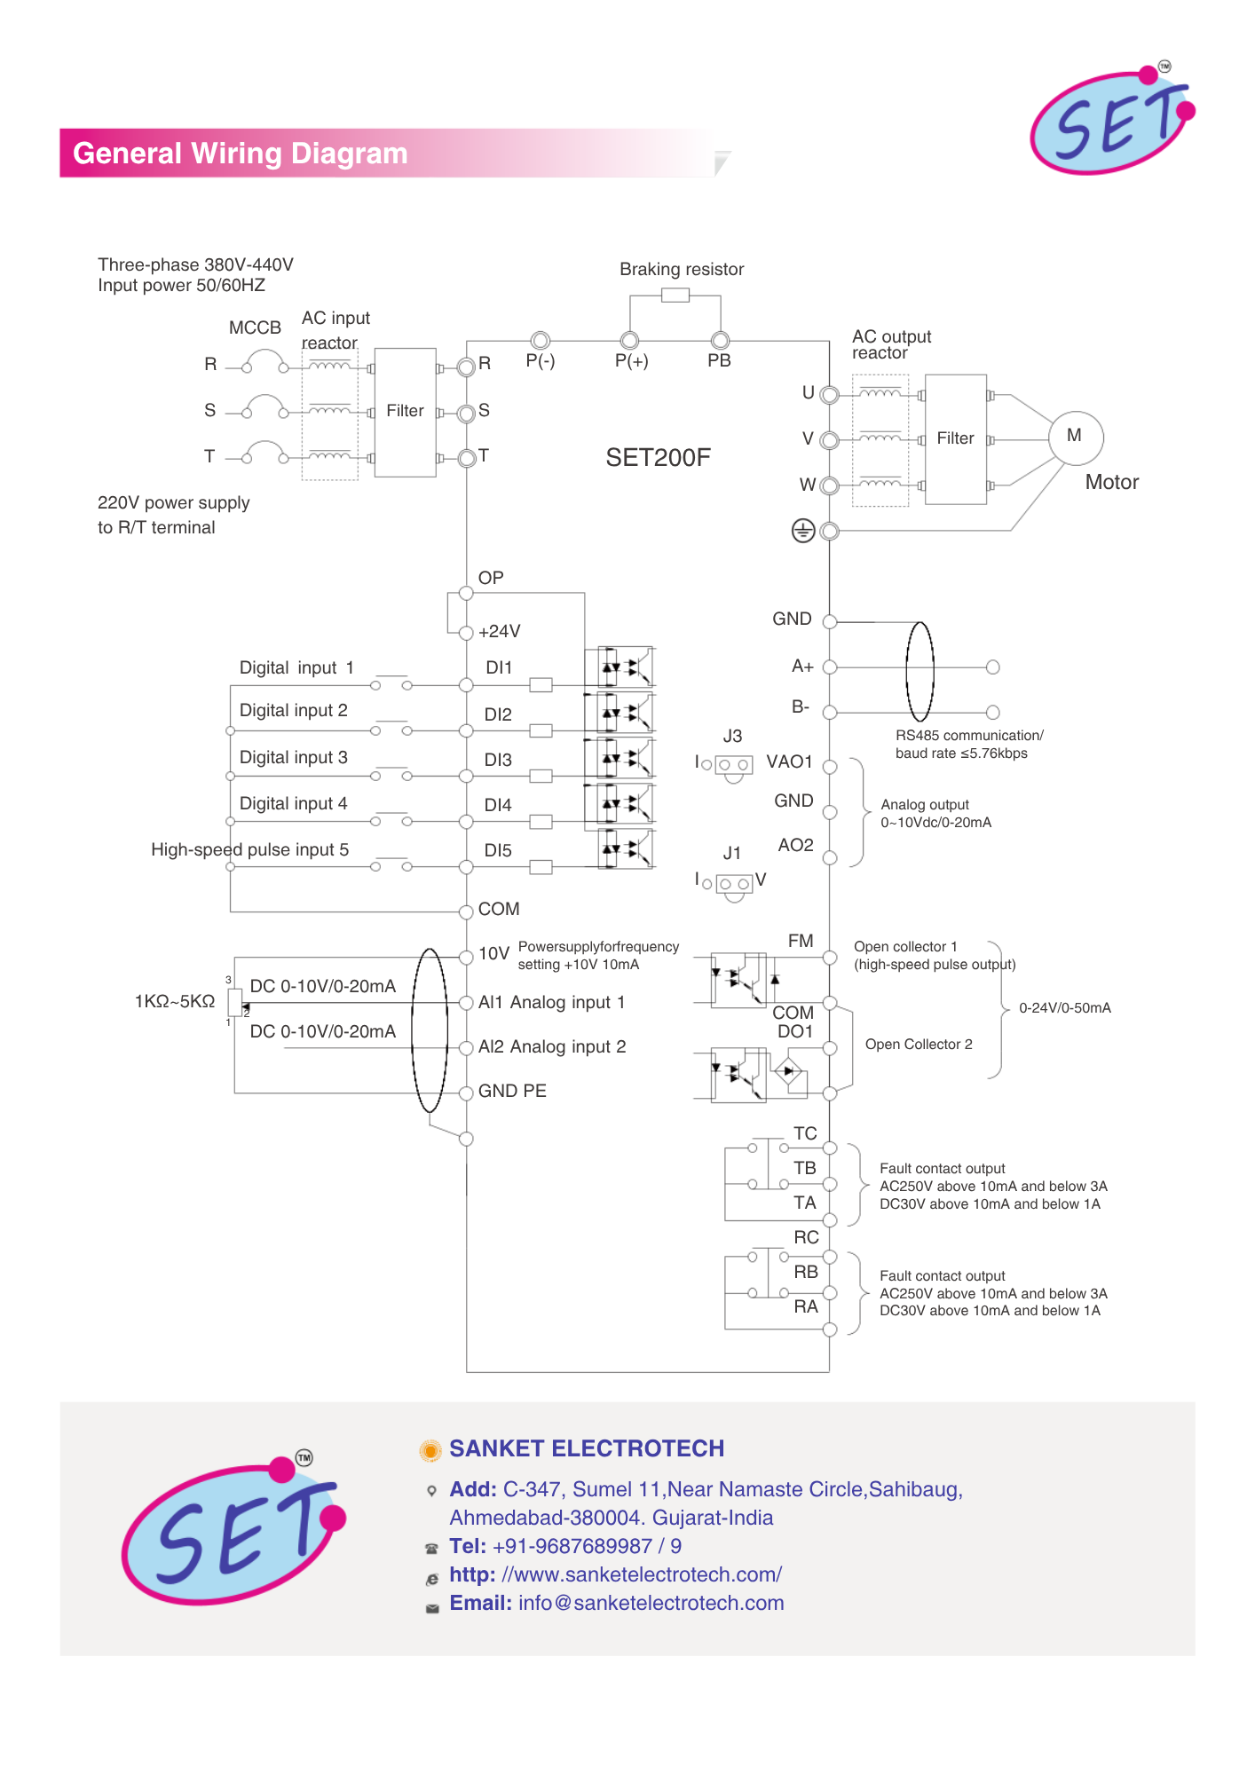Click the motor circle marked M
pos(1075,437)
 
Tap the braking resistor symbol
pos(675,296)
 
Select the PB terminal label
pos(719,361)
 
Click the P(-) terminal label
pos(540,361)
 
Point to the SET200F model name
pos(658,458)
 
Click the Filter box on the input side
pos(405,412)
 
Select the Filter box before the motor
pos(955,439)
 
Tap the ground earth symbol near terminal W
pos(802,531)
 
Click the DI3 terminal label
pos(498,761)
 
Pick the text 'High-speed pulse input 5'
pos(249,850)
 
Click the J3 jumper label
pos(732,737)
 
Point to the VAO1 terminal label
pos(789,762)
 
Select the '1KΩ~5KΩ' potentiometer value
pos(175,1002)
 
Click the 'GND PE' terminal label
pos(512,1092)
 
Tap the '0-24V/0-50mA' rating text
pos(1064,1008)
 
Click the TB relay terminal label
pos(805,1169)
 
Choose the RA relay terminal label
pos(806,1307)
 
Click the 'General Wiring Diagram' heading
pos(241,154)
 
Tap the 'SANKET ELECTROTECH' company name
pos(587,1448)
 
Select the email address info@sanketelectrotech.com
pos(651,1604)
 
